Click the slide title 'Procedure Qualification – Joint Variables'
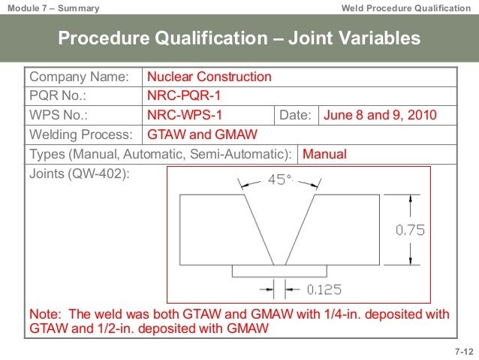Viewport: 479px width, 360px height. pos(239,38)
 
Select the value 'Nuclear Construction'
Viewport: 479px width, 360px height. pos(209,77)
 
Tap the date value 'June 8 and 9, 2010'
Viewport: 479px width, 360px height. pos(380,115)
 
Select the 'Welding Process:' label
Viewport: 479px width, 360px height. pos(80,135)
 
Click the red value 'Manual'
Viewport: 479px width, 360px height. pos(324,154)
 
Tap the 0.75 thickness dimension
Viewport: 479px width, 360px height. pos(410,231)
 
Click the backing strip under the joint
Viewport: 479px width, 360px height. pos(279,270)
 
